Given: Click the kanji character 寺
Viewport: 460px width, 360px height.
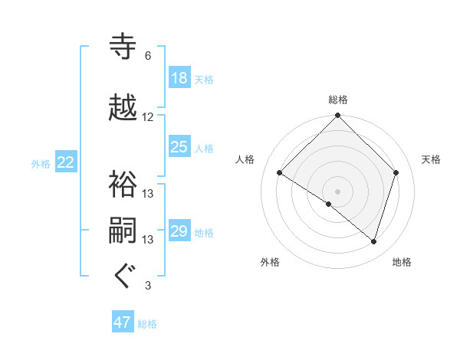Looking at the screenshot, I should (x=124, y=47).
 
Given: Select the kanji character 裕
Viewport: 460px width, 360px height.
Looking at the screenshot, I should (x=124, y=185).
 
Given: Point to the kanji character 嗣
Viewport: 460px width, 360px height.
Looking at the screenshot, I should (x=124, y=231).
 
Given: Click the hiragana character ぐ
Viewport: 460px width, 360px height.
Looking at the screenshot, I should (x=124, y=277).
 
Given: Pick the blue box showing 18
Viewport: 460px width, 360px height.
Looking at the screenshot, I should (x=179, y=79).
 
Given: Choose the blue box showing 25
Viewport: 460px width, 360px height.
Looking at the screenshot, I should (x=179, y=147).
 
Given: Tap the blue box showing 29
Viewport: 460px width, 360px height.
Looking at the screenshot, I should (x=179, y=231).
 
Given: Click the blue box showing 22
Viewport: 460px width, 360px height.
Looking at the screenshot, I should (x=66, y=162).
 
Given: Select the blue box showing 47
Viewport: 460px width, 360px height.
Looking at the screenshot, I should (x=123, y=322).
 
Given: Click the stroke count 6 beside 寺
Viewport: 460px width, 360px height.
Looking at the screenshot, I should (x=147, y=56).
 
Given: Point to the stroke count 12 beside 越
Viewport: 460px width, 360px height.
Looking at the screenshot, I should (x=148, y=117).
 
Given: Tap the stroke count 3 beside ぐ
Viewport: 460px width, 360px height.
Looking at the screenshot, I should (x=147, y=286).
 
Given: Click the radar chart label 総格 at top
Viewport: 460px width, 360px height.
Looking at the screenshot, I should (x=338, y=100).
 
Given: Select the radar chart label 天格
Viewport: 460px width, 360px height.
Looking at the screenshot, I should (x=432, y=159).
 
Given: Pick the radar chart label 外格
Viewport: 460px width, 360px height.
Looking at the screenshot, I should (x=270, y=263).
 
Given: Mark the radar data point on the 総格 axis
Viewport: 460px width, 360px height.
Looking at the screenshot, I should (x=337, y=116).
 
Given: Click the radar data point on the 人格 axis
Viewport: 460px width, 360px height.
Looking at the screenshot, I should (x=280, y=173).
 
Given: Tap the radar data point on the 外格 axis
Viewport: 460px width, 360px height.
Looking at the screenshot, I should (x=329, y=205).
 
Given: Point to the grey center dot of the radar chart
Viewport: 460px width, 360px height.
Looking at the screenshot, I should (x=337, y=191).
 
